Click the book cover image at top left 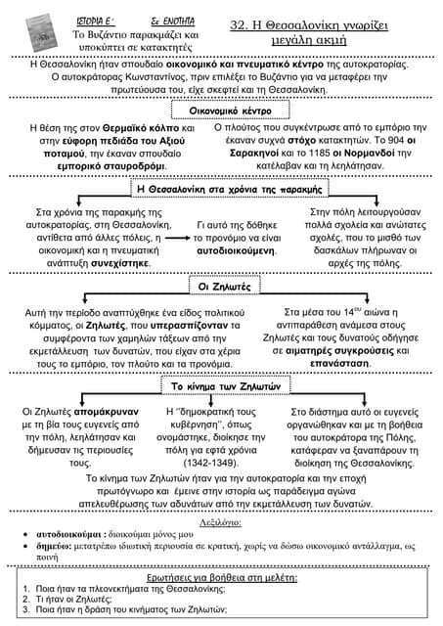click(x=41, y=32)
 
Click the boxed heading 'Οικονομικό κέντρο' click(x=230, y=111)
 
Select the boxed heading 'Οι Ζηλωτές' click(x=224, y=287)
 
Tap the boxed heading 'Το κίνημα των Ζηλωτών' click(x=226, y=386)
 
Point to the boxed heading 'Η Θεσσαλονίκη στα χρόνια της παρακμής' click(x=230, y=189)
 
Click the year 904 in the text click(x=396, y=140)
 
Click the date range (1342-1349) click(x=210, y=463)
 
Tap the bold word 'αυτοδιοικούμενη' click(x=236, y=250)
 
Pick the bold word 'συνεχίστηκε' click(x=120, y=263)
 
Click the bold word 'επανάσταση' click(x=339, y=364)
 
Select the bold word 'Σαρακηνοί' click(x=254, y=153)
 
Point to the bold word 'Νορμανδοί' click(x=370, y=153)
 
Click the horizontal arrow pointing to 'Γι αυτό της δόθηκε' click(x=178, y=238)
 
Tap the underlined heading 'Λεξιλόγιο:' click(x=220, y=522)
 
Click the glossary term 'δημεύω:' click(x=54, y=546)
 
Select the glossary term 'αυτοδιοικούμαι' click(x=68, y=534)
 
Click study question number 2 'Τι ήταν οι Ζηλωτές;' click(x=73, y=599)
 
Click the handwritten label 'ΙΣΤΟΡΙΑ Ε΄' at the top click(x=96, y=22)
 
